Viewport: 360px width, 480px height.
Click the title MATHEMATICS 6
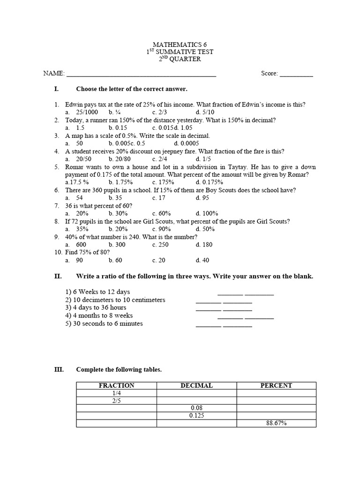tap(180, 44)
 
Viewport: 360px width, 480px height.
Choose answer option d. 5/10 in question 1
tap(205, 112)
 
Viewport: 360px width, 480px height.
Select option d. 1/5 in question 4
tap(203, 159)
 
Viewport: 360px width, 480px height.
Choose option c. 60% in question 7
tap(162, 213)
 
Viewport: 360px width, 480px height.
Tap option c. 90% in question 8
tap(162, 229)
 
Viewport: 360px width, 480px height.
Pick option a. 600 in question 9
tap(76, 244)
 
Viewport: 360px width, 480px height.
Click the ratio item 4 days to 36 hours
tap(96, 307)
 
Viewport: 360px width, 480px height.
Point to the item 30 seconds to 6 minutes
tap(104, 323)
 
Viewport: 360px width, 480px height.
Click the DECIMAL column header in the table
tap(196, 385)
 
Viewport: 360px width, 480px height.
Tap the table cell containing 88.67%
tap(276, 423)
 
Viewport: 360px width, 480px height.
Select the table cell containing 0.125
tap(196, 415)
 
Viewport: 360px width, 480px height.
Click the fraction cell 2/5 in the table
tap(116, 401)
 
